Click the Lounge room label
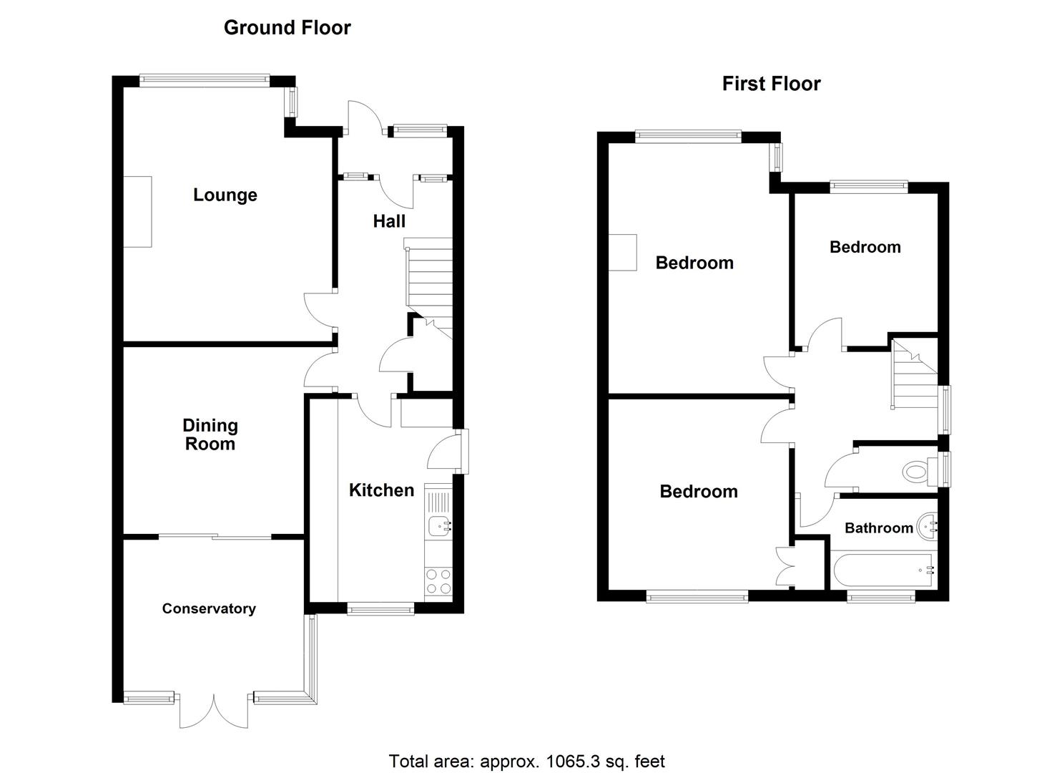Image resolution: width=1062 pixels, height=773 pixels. (225, 195)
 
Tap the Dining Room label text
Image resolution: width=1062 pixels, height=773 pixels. (210, 434)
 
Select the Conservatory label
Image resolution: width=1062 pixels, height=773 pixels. (208, 608)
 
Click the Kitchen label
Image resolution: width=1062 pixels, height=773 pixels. (381, 490)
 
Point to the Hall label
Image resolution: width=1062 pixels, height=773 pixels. (389, 221)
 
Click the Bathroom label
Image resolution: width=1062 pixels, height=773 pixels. (878, 528)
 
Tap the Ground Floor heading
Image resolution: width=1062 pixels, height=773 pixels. (287, 27)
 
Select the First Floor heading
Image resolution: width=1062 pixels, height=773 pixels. (771, 84)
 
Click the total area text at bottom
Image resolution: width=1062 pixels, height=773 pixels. (526, 761)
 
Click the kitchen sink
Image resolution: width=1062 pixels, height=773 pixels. (438, 527)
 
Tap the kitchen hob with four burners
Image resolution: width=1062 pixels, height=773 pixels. (438, 580)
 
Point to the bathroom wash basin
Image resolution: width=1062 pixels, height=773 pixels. (928, 527)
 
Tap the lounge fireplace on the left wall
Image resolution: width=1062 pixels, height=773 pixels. (137, 211)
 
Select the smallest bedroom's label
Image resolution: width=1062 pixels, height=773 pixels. (865, 247)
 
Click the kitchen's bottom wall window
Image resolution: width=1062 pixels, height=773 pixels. (380, 608)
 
